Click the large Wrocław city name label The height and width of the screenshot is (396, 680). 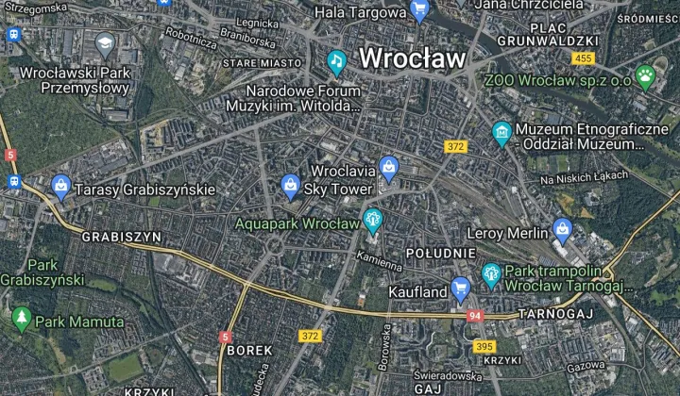coord(413,58)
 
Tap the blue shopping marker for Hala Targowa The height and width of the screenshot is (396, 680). coord(420,11)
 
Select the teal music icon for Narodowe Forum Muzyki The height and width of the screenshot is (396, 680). coord(336,62)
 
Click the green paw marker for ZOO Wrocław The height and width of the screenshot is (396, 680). coord(646,76)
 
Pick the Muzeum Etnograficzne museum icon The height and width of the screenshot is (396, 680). coord(501,133)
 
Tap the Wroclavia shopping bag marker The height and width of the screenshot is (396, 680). coord(388,168)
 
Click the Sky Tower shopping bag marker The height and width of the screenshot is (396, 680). coord(290,186)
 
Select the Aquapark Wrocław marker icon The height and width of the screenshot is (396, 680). coord(373,221)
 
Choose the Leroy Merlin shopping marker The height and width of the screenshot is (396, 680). coord(563,229)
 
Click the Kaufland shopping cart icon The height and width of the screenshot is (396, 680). coord(461,289)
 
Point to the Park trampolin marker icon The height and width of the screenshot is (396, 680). coord(491,275)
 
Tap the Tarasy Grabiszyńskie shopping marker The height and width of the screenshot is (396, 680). coord(60,187)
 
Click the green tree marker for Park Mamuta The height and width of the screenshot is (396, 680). coord(22,320)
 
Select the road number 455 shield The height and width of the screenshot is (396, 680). coord(584,58)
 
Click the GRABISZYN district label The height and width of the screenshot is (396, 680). coord(122,237)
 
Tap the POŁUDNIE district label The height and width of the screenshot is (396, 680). coord(440,254)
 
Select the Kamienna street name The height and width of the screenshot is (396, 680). coord(381,260)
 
